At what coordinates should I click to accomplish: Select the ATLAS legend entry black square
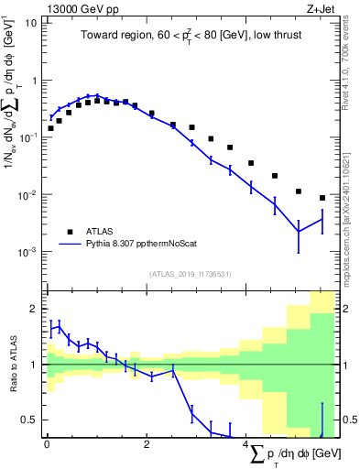click(x=70, y=232)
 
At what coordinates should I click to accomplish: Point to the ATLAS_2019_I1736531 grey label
click(x=191, y=273)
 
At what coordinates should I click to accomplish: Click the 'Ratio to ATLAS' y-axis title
click(x=12, y=364)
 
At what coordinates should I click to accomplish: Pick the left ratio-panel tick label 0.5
click(x=27, y=420)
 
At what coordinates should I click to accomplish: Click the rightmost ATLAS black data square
click(x=322, y=198)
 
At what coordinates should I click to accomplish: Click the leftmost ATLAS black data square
click(x=50, y=128)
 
